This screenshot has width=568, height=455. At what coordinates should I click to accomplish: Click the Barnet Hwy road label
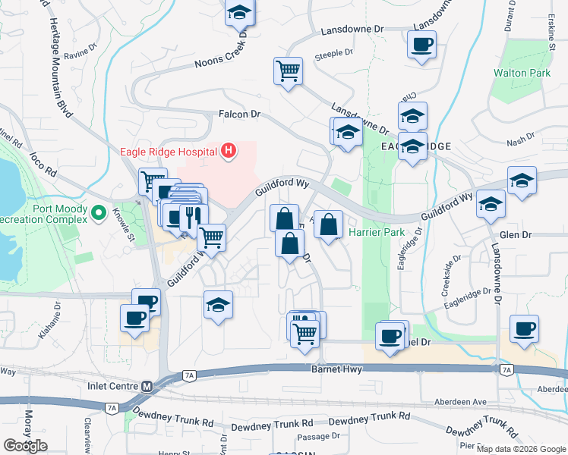coord(337,369)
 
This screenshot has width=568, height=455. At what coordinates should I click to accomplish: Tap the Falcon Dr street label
coord(239,115)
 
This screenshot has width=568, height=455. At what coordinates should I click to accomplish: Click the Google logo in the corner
coord(25,446)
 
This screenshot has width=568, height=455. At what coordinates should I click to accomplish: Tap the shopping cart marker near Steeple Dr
coord(288,71)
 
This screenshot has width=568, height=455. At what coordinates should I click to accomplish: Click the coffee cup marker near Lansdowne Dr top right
coord(421,43)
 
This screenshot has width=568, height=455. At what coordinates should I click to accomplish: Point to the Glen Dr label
coord(514,235)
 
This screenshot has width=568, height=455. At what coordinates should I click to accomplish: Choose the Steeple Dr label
coord(334,53)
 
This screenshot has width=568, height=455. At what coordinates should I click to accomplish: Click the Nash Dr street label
coord(520,141)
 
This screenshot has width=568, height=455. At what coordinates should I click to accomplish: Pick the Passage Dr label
coord(318,436)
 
